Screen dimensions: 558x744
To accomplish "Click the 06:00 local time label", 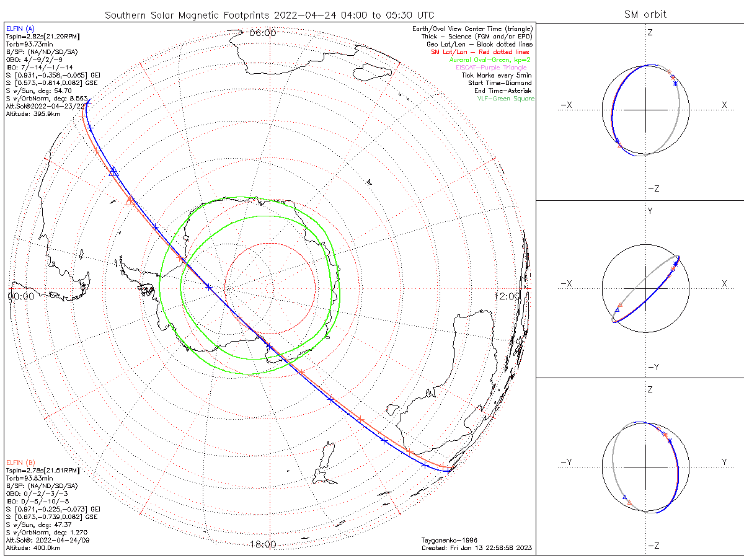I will (262, 33).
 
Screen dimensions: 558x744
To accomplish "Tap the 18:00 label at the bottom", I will (262, 544).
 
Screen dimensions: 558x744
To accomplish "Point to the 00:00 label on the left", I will (20, 296).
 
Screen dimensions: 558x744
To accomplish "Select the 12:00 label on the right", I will (508, 296).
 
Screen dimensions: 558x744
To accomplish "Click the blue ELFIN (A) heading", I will (20, 29).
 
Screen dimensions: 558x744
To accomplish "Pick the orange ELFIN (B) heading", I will (20, 463).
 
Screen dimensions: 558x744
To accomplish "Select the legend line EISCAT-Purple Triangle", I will (495, 68).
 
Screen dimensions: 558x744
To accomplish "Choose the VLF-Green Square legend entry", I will (505, 99).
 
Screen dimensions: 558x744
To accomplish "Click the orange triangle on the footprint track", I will (130, 201).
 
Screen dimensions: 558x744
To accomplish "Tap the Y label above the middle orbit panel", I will (650, 211).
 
